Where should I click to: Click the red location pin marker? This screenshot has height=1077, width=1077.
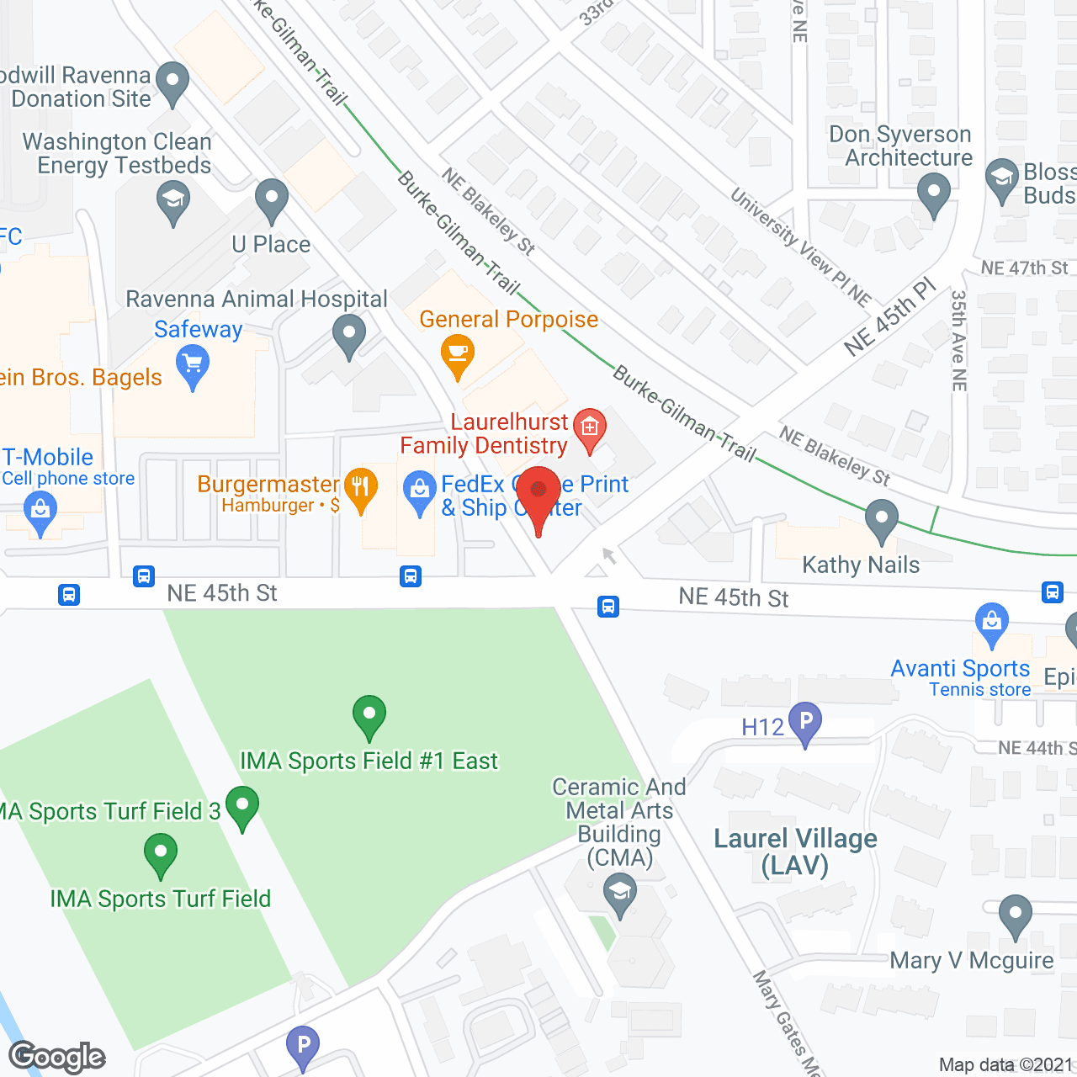pos(538,492)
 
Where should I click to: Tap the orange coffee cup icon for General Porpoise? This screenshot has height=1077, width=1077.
pos(458,354)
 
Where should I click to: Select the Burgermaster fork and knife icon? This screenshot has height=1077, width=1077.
pos(360,487)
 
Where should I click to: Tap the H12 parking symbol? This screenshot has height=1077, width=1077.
pos(805,722)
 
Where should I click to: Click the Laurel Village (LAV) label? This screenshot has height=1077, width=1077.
pos(795,852)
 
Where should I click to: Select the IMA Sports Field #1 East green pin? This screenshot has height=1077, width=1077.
pos(369,715)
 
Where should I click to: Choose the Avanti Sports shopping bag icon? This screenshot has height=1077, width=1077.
pos(992,623)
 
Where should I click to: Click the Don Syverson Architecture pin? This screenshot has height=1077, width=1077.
pos(933,192)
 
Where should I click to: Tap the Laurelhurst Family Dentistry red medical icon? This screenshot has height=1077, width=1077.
pos(589,428)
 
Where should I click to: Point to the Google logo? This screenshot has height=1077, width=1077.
pos(57,1057)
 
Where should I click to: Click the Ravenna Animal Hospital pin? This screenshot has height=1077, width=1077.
pos(348,335)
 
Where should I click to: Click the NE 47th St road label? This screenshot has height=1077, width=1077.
pos(1024,268)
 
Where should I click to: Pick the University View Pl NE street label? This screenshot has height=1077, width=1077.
pos(800,247)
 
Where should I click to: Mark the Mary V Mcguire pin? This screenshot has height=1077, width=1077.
pos(1016,915)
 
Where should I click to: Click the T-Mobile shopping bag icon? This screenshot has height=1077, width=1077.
pos(40,510)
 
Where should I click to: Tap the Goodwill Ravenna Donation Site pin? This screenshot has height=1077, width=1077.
pos(172,82)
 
